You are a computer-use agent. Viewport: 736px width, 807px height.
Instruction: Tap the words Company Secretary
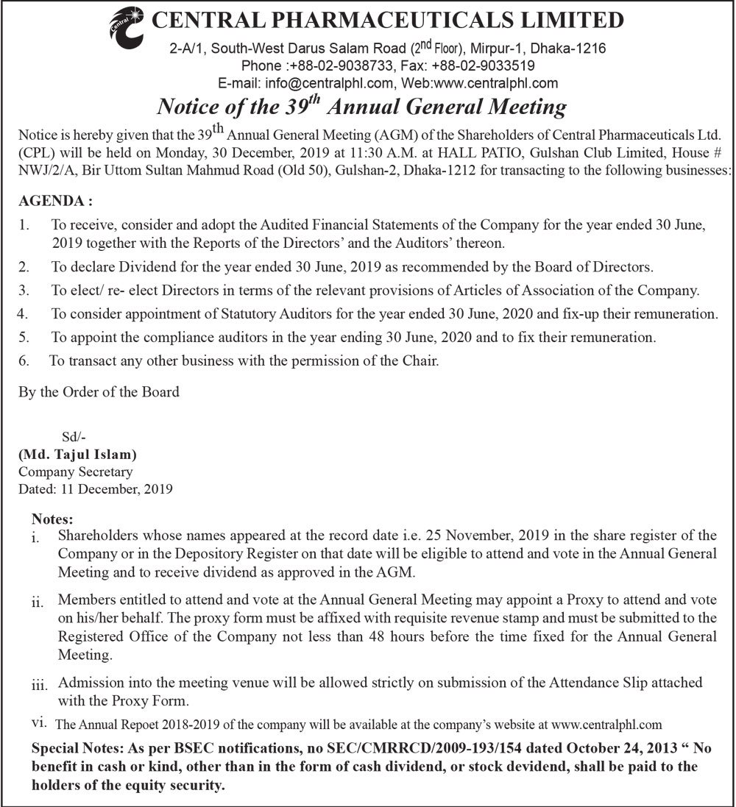[x=76, y=472]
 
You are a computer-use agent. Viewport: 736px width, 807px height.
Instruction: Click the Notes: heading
[x=53, y=519]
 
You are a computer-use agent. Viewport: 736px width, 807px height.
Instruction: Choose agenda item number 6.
[x=24, y=361]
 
